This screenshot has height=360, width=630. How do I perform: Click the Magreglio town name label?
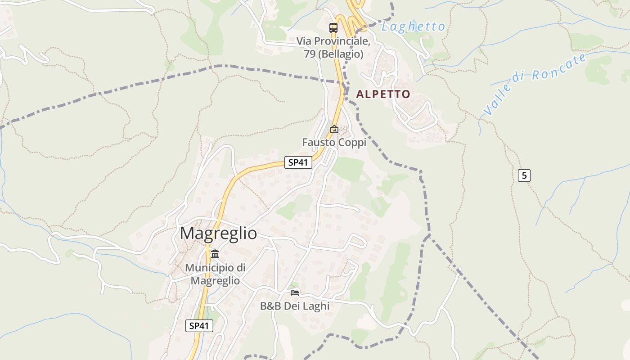218,234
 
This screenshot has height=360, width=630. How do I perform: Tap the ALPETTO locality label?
383,94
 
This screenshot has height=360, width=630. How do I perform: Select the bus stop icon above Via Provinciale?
333,27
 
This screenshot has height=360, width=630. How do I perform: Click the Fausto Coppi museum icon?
334,129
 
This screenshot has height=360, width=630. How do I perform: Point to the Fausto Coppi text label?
334,142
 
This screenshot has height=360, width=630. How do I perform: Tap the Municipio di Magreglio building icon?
215,254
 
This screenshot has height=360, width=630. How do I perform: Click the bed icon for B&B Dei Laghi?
295,292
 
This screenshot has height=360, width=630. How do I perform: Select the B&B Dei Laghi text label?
295,306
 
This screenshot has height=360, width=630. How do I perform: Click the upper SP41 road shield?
298,162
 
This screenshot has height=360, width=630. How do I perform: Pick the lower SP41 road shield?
199,326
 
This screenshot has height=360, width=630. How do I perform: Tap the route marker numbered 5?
524,175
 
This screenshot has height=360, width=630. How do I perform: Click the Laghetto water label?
413,27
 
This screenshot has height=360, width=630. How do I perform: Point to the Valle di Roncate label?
535,84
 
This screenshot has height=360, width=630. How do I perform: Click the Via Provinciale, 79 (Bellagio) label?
333,47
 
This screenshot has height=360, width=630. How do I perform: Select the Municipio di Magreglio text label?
215,274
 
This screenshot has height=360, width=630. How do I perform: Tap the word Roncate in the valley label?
560,67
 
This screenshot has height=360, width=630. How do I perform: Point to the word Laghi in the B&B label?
316,306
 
